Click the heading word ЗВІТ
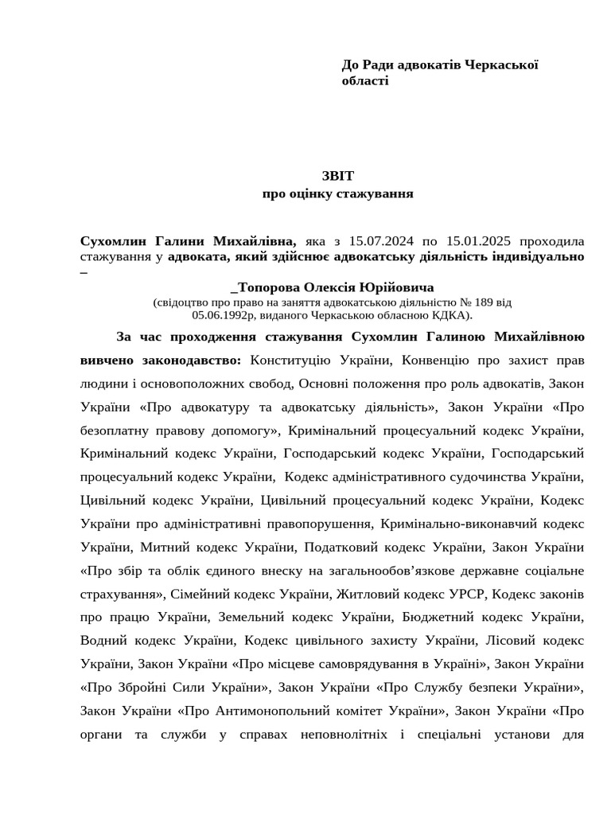(338, 176)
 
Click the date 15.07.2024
(378, 241)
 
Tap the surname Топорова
(267, 287)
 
